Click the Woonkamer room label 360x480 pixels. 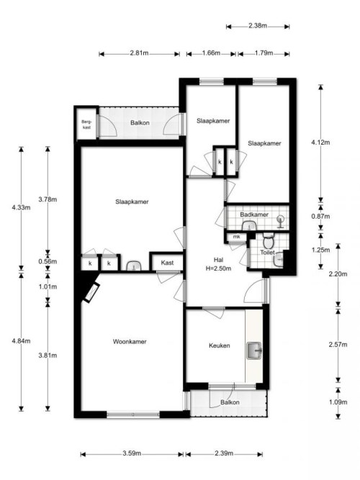click(x=130, y=341)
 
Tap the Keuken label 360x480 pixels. click(x=220, y=345)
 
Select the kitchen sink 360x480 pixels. click(x=254, y=350)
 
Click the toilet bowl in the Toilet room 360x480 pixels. click(x=268, y=242)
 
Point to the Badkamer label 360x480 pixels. click(x=254, y=214)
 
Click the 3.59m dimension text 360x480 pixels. click(x=132, y=453)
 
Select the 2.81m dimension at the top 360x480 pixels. click(x=140, y=53)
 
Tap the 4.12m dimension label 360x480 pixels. click(x=320, y=142)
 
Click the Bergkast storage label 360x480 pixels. click(x=86, y=124)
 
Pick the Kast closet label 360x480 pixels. click(x=167, y=263)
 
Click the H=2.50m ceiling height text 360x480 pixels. click(x=218, y=268)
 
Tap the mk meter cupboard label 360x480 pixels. click(x=237, y=237)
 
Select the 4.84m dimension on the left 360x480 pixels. click(x=21, y=340)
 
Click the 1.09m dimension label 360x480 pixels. click(x=338, y=402)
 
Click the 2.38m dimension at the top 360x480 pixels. click(x=258, y=26)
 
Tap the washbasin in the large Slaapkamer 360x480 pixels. click(x=133, y=266)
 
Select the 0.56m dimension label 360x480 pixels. click(x=48, y=261)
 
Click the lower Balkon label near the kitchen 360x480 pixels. click(x=230, y=402)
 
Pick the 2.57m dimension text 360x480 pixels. click(x=338, y=345)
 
